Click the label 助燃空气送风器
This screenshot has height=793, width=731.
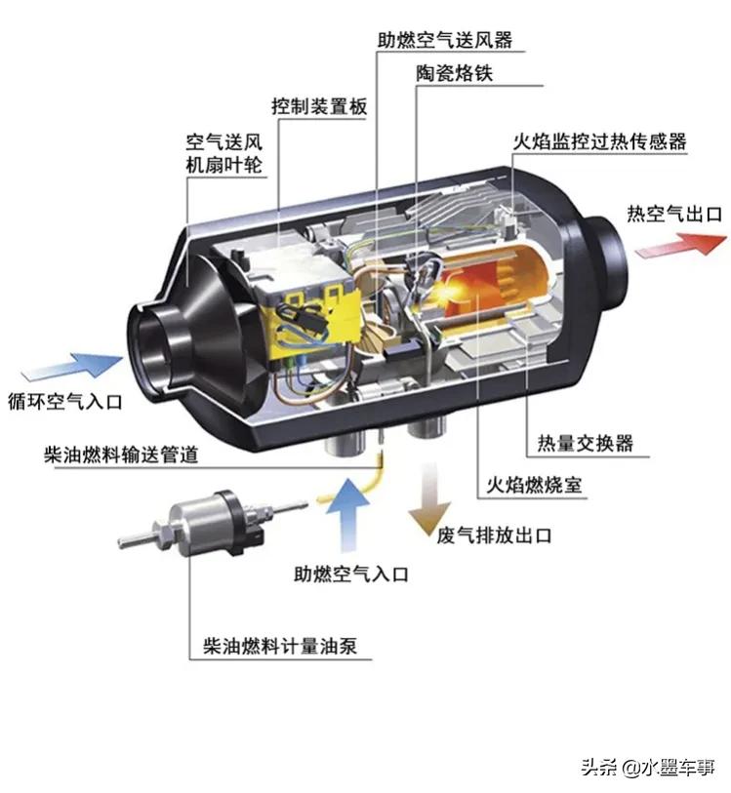tap(445, 41)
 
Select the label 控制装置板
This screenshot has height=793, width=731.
tap(319, 106)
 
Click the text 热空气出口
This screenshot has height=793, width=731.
tap(674, 213)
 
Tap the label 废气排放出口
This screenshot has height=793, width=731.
tap(496, 535)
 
